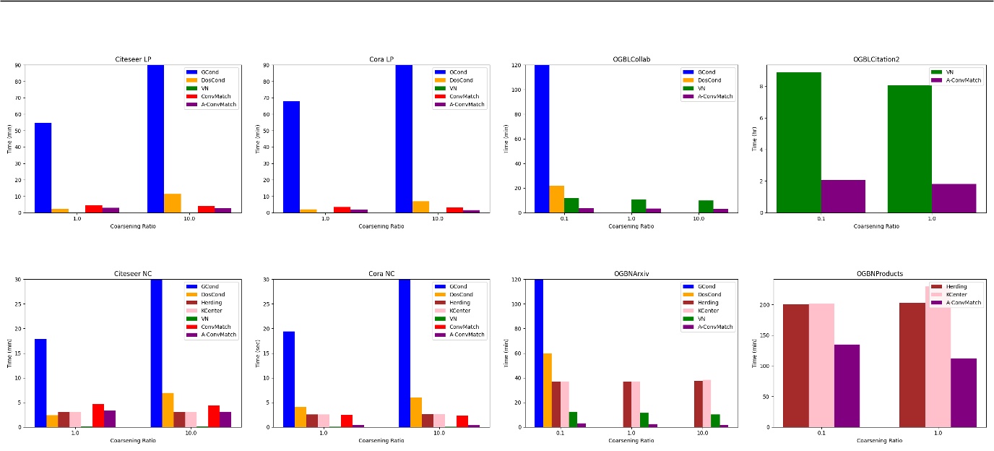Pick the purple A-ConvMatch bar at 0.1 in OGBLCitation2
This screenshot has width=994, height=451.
click(x=843, y=197)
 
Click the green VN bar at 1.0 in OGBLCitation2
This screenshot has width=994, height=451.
click(x=909, y=149)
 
